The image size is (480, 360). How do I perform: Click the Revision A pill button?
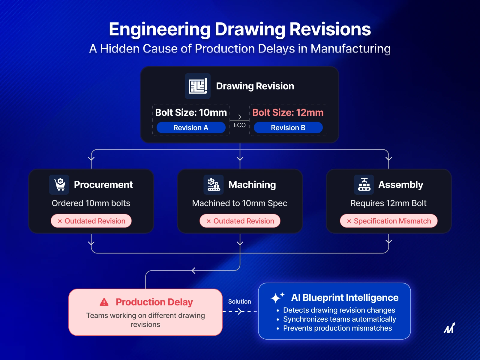[191, 127]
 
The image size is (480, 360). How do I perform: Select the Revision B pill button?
[288, 127]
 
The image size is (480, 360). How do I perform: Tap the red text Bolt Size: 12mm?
[288, 112]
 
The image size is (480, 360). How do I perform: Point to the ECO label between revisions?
[239, 125]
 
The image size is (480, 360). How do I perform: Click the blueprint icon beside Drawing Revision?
[198, 86]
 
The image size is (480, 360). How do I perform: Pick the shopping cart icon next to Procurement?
[59, 184]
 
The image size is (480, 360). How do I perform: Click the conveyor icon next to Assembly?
[364, 184]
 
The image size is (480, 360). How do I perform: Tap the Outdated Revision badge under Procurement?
[91, 221]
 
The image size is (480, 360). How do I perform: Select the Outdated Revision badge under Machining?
[240, 221]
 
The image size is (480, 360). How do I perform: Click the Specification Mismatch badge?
[388, 221]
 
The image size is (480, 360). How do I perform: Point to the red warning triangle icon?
[104, 302]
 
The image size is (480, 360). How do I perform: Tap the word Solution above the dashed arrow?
[239, 301]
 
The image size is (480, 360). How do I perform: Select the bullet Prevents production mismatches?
[337, 328]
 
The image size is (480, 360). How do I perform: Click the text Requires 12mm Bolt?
[388, 203]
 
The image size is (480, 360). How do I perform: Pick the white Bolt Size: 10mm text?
[191, 112]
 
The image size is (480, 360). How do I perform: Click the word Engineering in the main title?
[160, 29]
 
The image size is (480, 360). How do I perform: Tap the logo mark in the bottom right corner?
[449, 328]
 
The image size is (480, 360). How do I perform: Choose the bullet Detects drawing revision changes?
[339, 310]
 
